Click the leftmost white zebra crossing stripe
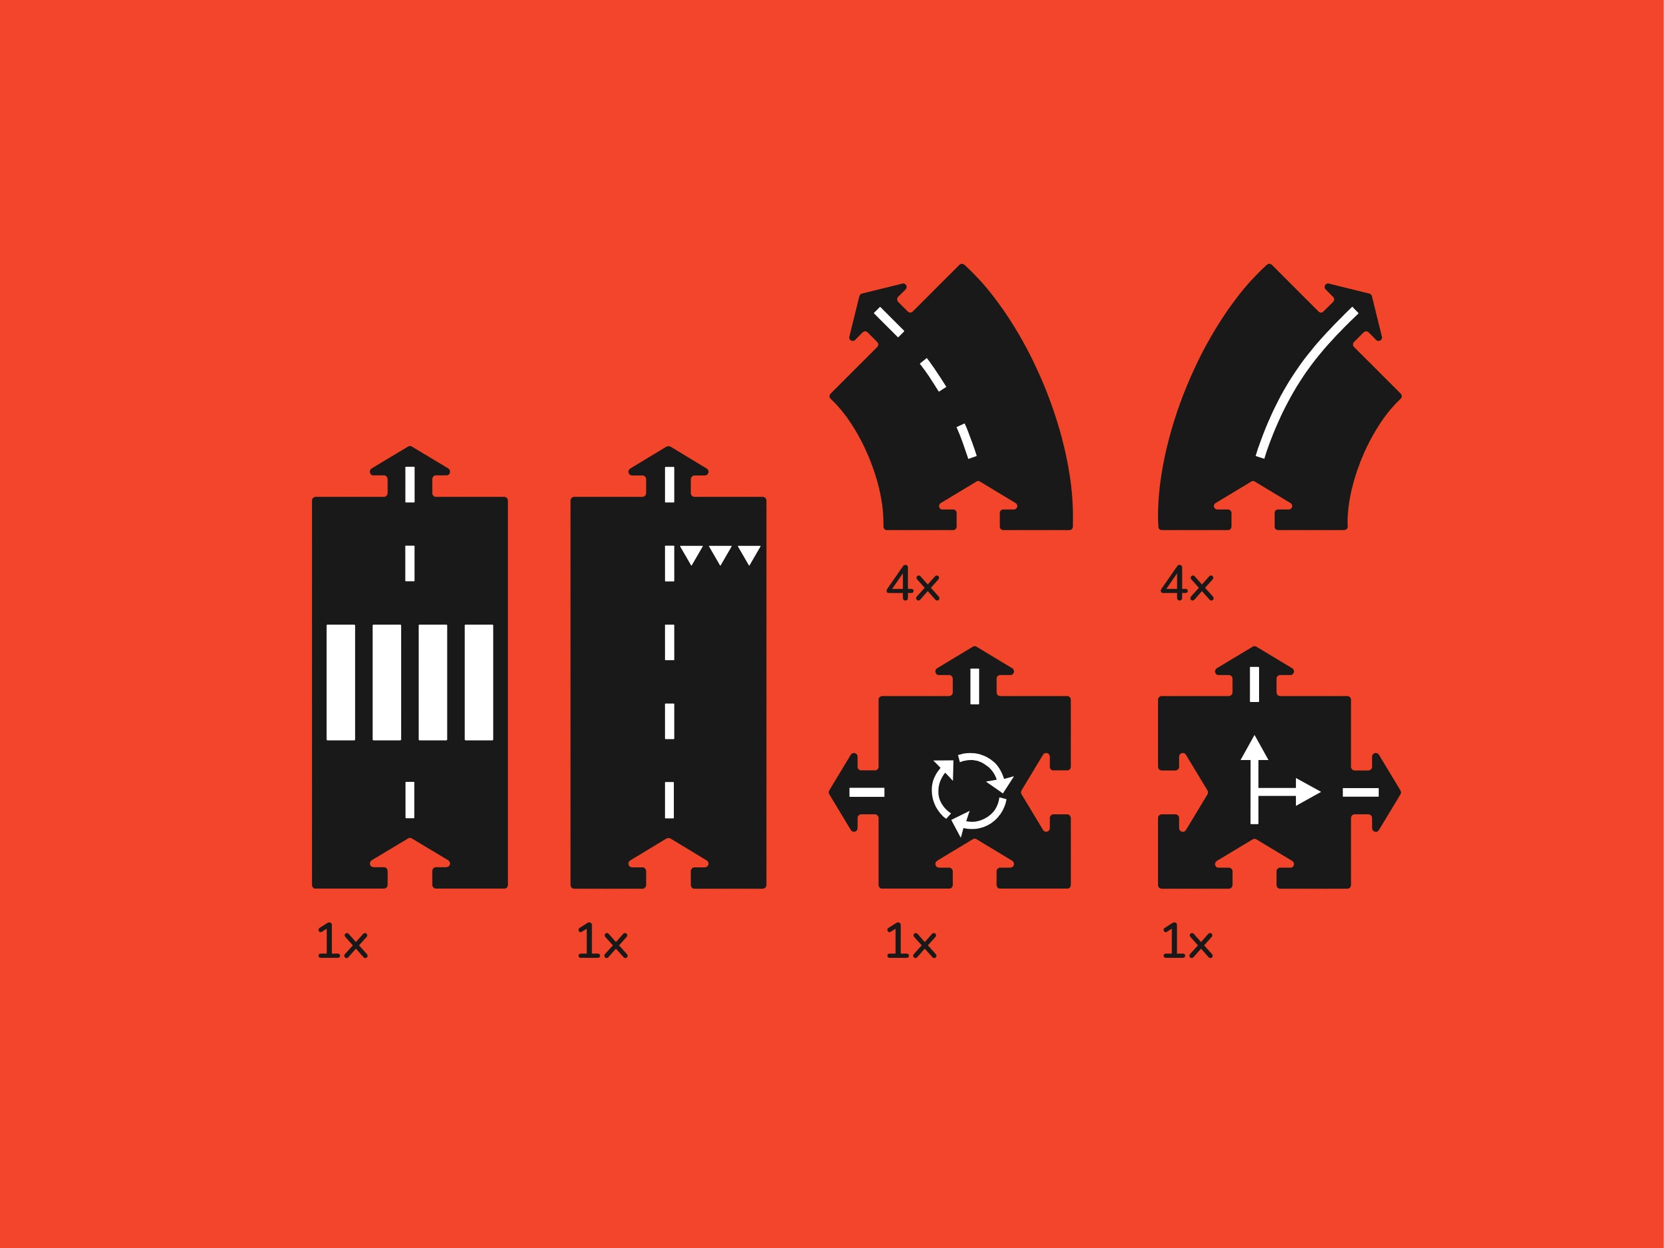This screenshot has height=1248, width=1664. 341,682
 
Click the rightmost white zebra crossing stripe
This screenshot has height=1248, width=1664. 479,682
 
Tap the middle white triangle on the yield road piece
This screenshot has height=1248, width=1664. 720,554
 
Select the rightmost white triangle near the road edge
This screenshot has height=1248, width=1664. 749,554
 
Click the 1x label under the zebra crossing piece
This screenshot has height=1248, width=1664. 343,941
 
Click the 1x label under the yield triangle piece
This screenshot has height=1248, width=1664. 602,941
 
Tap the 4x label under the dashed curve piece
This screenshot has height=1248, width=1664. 913,583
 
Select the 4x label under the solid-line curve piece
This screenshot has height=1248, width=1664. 1187,583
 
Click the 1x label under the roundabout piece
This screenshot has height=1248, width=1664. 911,941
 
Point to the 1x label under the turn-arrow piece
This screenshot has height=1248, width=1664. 1187,941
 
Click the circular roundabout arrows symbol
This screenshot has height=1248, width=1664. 972,791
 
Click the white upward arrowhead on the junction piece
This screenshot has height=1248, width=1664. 1254,748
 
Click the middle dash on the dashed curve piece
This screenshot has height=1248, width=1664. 932,374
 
